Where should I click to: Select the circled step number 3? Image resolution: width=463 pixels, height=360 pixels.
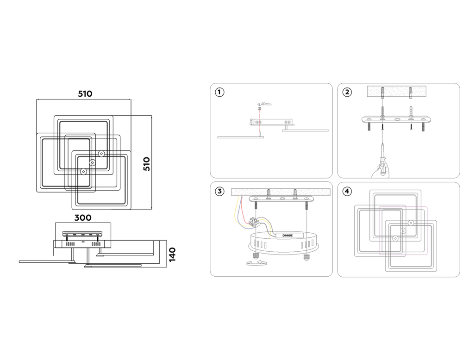[x=220, y=192]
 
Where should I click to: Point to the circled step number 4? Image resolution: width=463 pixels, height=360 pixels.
[x=347, y=192]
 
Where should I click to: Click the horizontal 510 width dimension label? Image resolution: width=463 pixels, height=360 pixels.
[x=85, y=93]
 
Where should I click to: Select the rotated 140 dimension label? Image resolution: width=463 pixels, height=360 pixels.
[x=172, y=255]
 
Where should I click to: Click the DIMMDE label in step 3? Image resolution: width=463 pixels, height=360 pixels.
[x=283, y=236]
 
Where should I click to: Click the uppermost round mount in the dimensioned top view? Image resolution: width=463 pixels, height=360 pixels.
[x=101, y=154]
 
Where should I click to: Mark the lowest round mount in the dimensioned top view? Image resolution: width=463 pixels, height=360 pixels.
[x=83, y=172]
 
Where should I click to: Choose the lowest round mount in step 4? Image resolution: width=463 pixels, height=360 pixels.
[x=395, y=238]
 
